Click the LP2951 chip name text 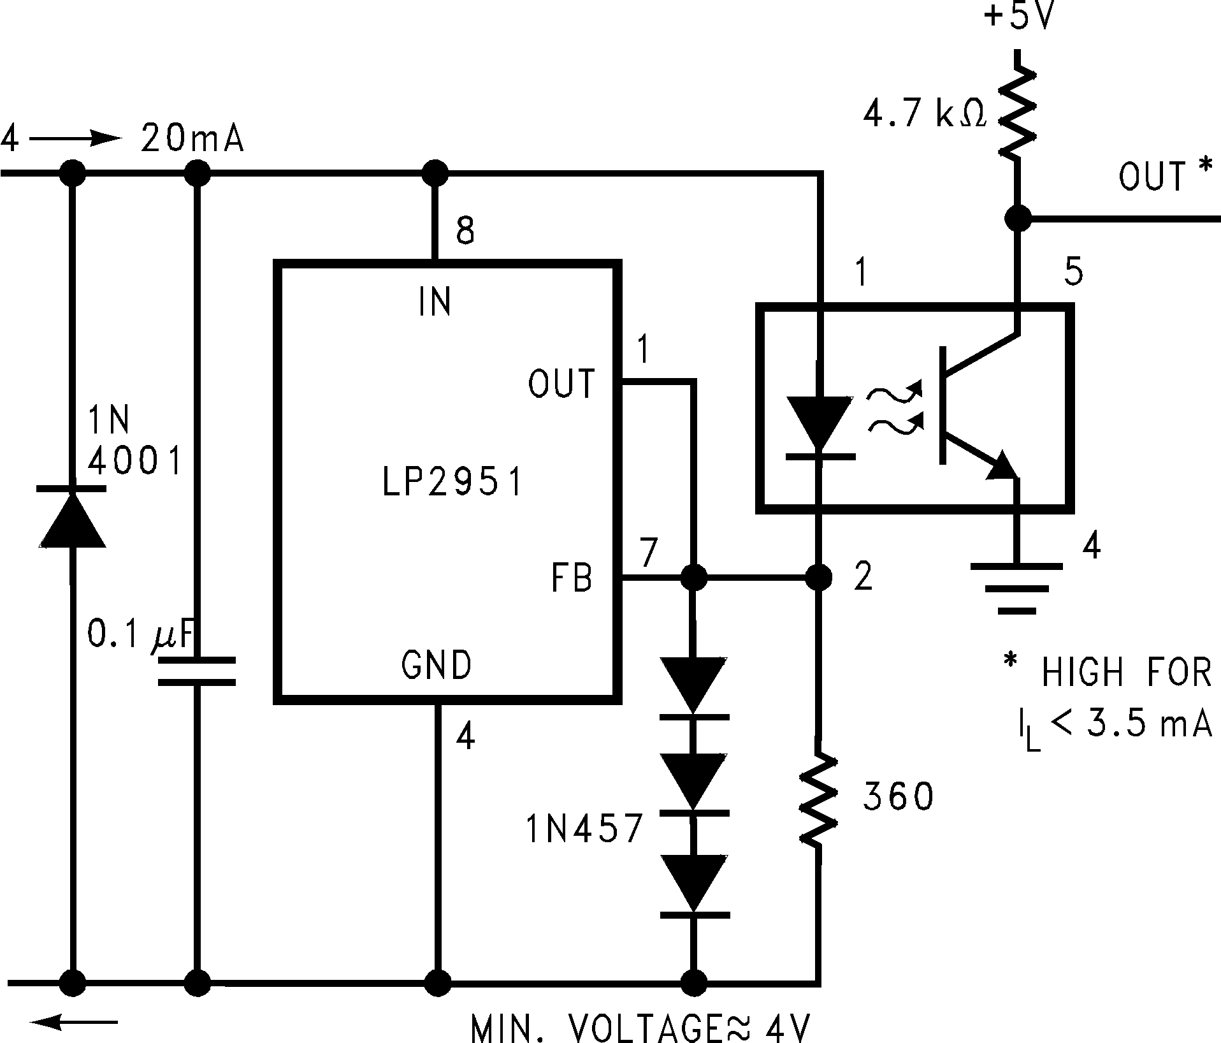click(x=452, y=483)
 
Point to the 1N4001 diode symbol click(x=72, y=518)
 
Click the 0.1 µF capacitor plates click(x=196, y=671)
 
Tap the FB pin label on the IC click(x=572, y=578)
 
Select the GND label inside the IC click(x=437, y=666)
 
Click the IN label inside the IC click(x=435, y=302)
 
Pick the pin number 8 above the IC click(x=465, y=231)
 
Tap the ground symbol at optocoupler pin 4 click(x=1016, y=587)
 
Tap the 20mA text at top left click(x=192, y=139)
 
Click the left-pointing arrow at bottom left click(x=74, y=1023)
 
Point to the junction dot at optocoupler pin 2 click(x=819, y=578)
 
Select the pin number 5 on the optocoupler click(x=1073, y=272)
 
